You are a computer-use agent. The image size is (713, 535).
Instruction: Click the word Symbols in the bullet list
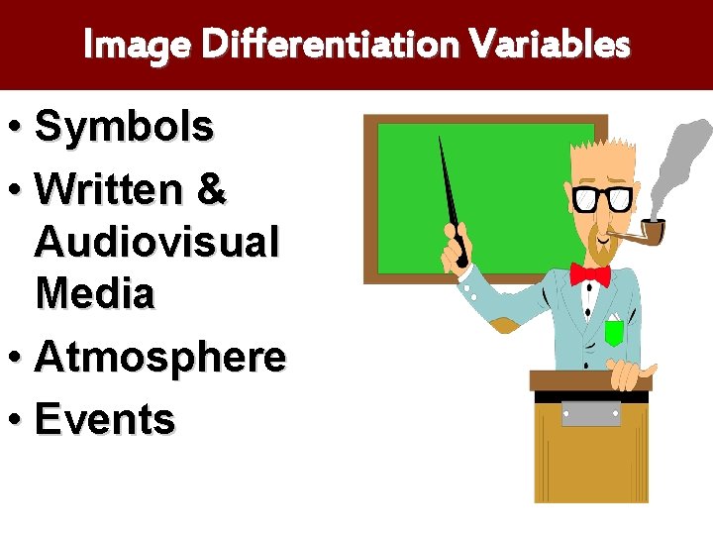click(124, 127)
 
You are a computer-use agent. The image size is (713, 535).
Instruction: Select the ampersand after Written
click(212, 190)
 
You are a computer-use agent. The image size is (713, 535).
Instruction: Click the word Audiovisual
click(157, 241)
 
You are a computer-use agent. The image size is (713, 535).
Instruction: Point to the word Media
click(95, 293)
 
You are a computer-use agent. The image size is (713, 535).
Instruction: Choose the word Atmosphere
click(160, 357)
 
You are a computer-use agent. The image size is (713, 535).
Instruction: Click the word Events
click(105, 419)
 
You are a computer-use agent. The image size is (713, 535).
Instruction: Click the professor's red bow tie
click(590, 273)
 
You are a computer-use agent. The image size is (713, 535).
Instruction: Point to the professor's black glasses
click(603, 198)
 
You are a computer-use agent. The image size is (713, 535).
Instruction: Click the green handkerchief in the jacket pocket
click(614, 332)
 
